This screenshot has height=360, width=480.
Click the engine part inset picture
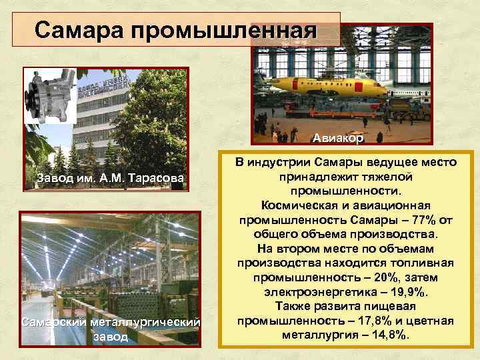[45, 97]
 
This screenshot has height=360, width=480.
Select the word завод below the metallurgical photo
[111, 337]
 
